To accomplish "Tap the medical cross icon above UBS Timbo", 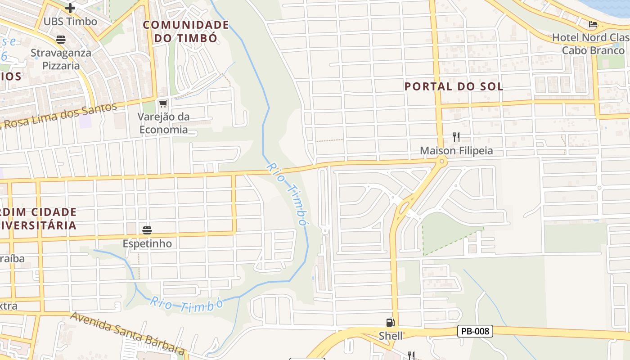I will pyautogui.click(x=70, y=8).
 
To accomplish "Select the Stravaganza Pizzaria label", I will pyautogui.click(x=61, y=59).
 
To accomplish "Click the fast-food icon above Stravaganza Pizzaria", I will pyautogui.click(x=61, y=40).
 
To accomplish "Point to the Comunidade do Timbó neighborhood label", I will pyautogui.click(x=186, y=31).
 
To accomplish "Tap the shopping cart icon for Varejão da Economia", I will pyautogui.click(x=163, y=104).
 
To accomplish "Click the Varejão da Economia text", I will pyautogui.click(x=163, y=123).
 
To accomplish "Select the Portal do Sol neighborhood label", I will pyautogui.click(x=454, y=86).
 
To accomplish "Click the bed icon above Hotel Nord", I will pyautogui.click(x=593, y=24).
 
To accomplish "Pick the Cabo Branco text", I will pyautogui.click(x=593, y=50).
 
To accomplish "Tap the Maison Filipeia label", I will pyautogui.click(x=456, y=151).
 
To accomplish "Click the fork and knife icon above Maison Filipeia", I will pyautogui.click(x=456, y=137).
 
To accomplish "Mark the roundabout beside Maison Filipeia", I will pyautogui.click(x=442, y=161).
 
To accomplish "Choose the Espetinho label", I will pyautogui.click(x=147, y=243).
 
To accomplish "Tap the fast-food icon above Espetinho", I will pyautogui.click(x=147, y=230).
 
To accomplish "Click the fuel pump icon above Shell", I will pyautogui.click(x=390, y=322).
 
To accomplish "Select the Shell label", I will pyautogui.click(x=391, y=336).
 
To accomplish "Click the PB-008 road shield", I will pyautogui.click(x=475, y=331).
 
